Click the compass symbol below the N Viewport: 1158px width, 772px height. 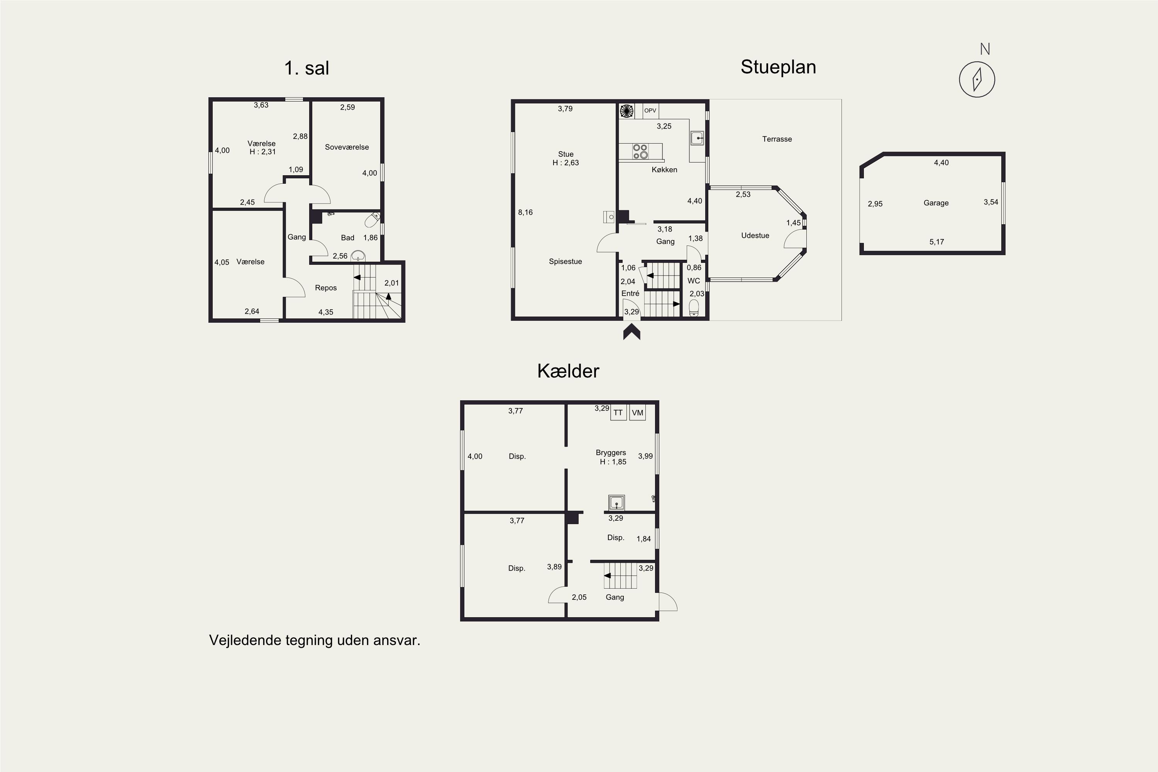point(977,79)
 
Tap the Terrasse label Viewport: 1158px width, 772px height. point(777,139)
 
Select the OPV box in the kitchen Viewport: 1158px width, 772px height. point(650,110)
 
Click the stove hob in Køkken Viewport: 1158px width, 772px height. point(640,151)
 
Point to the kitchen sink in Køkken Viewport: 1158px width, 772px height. point(697,138)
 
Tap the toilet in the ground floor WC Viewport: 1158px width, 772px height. point(694,308)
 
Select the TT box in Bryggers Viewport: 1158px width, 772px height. point(618,413)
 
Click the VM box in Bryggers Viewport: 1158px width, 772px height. point(638,413)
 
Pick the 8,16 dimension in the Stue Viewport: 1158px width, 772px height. point(525,212)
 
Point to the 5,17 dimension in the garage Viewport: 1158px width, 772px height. point(936,242)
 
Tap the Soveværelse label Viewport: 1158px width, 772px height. point(347,147)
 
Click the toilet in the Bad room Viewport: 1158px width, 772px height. point(373,219)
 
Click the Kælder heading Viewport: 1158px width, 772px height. point(568,371)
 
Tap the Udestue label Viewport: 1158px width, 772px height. point(755,235)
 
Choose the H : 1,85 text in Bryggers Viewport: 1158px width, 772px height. point(613,462)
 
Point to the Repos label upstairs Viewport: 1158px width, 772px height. point(325,288)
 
